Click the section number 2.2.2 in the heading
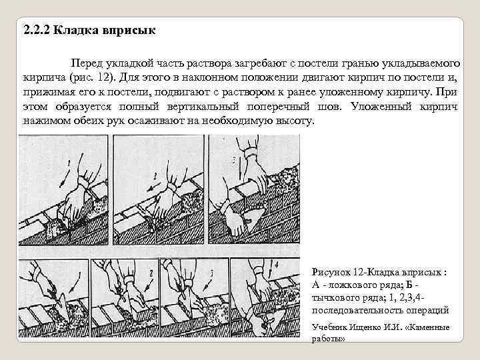click(35, 31)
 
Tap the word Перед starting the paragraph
click(96, 61)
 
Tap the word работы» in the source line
click(328, 339)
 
